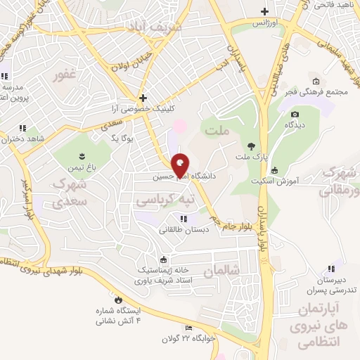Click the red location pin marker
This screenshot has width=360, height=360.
point(180,165)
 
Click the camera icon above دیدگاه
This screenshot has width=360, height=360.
point(295,114)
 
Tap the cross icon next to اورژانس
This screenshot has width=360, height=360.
point(264,11)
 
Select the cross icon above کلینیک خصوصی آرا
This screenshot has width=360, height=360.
point(143,98)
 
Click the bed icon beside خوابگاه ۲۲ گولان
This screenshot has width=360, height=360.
point(188,328)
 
